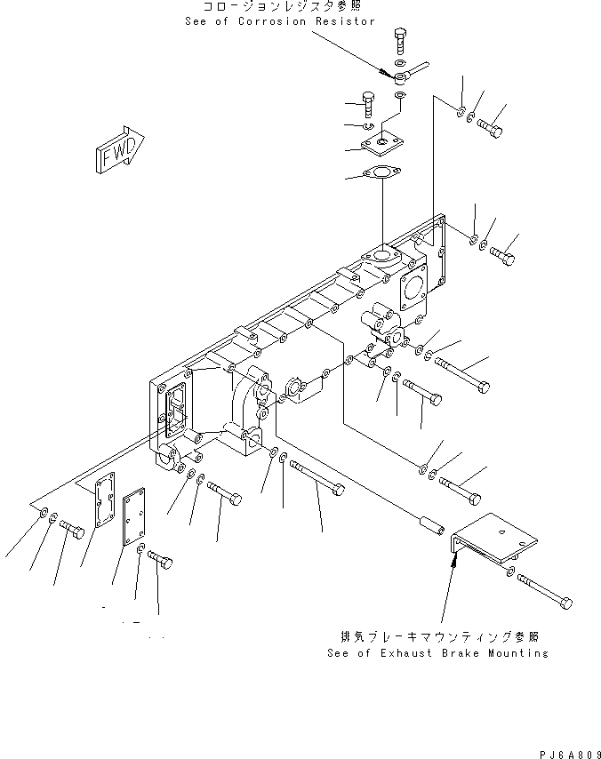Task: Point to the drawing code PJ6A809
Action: (x=569, y=752)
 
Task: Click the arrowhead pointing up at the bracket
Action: (x=454, y=558)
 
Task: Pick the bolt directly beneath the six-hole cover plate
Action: (x=161, y=562)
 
